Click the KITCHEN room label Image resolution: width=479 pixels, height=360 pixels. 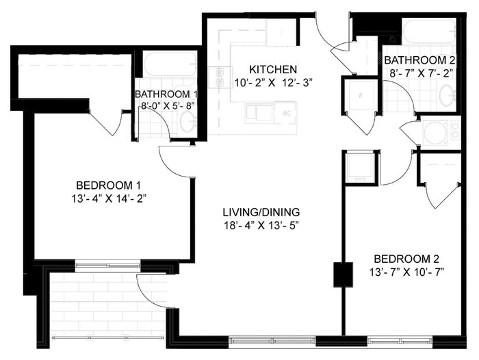coord(273,69)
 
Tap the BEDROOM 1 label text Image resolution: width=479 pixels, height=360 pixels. coord(108,185)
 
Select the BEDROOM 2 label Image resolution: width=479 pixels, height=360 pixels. coord(406,259)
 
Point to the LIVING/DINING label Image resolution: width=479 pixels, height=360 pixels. coord(261,211)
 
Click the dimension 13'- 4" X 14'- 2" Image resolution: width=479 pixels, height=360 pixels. coord(108,199)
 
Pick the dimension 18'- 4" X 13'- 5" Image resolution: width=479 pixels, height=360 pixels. coord(261,226)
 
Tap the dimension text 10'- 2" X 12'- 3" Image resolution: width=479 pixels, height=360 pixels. coord(273,83)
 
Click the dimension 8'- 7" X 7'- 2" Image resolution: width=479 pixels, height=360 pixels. coord(420,73)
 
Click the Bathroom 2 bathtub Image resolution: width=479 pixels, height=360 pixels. coord(429,31)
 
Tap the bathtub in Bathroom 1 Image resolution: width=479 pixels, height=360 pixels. coord(170,64)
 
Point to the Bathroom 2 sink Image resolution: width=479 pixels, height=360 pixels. coord(447,96)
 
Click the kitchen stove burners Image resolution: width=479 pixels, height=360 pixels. coord(220,77)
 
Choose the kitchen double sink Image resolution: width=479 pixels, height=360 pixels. coord(259,113)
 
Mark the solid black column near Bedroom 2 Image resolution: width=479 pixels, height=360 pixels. coord(343,274)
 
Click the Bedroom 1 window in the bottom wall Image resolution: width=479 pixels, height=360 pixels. coord(108,266)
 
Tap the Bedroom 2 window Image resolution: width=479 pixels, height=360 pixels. coord(400,340)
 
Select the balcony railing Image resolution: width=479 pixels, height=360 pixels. coord(108,337)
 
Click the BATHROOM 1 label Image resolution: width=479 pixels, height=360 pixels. coord(166,94)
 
